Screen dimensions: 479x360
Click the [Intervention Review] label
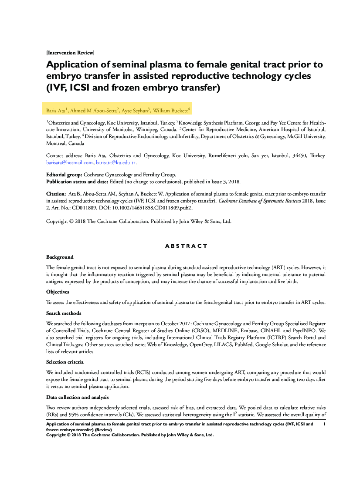(70, 53)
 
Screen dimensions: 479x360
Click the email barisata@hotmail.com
(70, 162)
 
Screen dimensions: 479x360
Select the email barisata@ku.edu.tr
(116, 162)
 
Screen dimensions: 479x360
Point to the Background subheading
(60, 257)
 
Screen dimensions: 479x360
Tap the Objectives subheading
(58, 292)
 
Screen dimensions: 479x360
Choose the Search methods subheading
(64, 313)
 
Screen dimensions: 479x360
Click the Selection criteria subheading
(65, 362)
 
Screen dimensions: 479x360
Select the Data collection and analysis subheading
(78, 397)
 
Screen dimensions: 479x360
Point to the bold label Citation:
(56, 193)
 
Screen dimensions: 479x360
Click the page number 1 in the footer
(325, 424)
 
